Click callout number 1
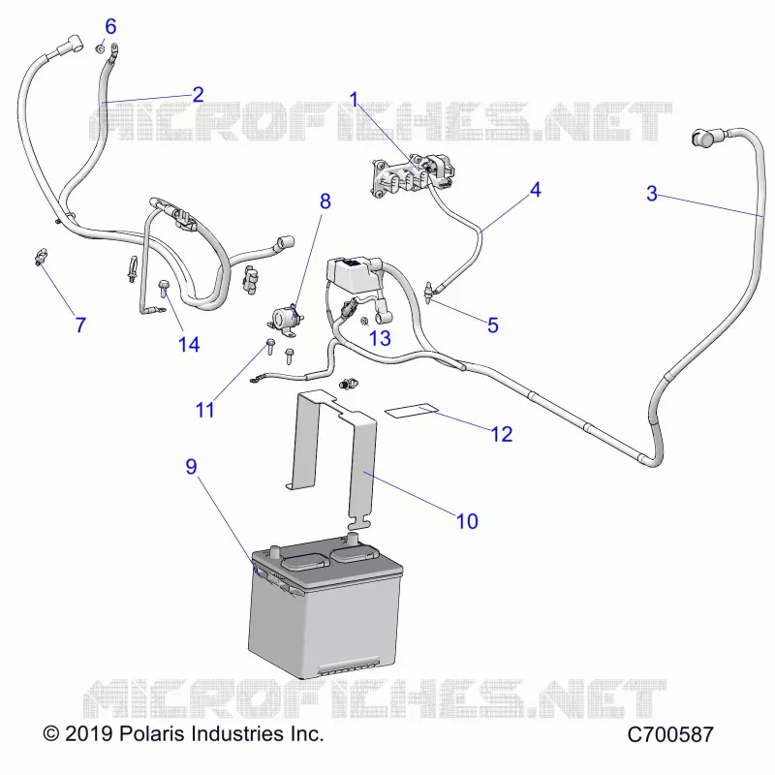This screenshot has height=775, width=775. (354, 100)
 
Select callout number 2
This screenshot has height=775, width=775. (198, 94)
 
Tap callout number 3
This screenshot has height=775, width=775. (652, 193)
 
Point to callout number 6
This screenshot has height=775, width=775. (110, 26)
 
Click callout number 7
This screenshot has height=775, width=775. (80, 325)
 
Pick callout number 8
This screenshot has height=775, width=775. (325, 201)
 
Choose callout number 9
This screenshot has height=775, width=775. (191, 466)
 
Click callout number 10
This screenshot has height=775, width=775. (467, 521)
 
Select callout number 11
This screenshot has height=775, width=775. (205, 410)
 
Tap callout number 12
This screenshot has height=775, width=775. (502, 434)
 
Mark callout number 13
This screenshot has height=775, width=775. (380, 338)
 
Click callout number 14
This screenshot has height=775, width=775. (189, 345)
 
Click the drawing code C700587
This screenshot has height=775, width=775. (670, 734)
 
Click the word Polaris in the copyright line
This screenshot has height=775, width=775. (152, 733)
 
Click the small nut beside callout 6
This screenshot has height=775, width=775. (100, 48)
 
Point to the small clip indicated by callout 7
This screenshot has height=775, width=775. (41, 257)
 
